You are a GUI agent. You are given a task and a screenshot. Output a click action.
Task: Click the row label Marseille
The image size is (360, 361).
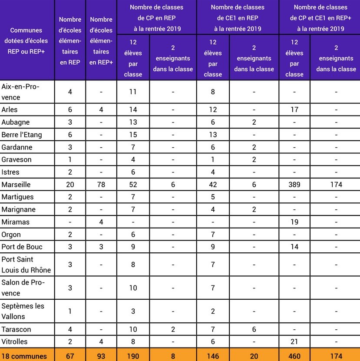(16, 185)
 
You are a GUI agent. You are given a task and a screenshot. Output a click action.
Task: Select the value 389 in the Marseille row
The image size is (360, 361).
(294, 185)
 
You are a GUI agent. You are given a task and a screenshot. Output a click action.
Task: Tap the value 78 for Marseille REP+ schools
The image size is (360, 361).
(101, 185)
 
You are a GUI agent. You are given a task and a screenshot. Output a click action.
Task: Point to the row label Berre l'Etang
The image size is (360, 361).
(22, 135)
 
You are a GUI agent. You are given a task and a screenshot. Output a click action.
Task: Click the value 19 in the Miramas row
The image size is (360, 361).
(294, 222)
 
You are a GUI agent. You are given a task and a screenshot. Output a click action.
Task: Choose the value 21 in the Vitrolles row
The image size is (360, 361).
(294, 342)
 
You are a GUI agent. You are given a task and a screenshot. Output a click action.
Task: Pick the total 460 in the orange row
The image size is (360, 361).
(294, 356)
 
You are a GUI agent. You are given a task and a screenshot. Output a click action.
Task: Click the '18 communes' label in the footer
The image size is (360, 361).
(24, 356)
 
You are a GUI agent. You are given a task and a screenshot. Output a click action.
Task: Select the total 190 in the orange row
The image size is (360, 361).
(133, 356)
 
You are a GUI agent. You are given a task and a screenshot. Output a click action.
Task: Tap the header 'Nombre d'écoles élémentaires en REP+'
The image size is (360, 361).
(101, 41)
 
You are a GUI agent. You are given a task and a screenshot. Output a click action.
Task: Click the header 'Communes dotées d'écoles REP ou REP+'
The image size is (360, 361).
(26, 41)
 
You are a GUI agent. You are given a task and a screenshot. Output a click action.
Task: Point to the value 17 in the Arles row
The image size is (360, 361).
(294, 109)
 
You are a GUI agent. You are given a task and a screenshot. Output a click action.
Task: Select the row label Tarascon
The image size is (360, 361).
(16, 329)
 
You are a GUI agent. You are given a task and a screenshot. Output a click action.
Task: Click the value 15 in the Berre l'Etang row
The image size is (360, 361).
(133, 135)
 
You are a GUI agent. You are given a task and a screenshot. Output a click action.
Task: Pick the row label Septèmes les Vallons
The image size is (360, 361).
(23, 311)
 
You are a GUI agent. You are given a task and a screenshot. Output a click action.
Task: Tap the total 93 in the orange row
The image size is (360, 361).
(101, 356)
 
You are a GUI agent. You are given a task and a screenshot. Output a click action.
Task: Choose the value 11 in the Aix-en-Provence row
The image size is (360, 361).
(133, 92)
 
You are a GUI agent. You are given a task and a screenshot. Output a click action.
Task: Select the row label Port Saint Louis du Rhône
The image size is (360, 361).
(26, 265)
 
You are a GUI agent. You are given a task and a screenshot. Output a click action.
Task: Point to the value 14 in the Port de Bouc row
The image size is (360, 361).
(294, 247)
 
